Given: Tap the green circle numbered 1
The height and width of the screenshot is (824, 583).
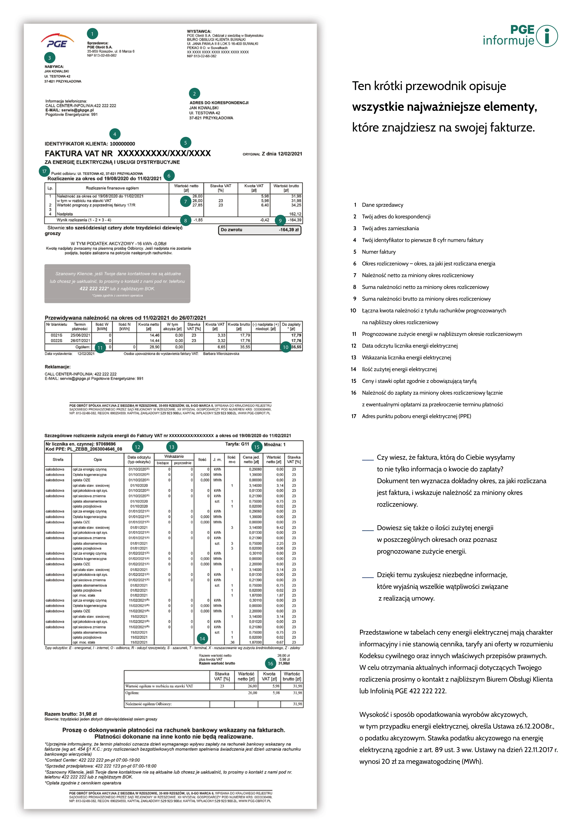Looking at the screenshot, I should (x=92, y=34).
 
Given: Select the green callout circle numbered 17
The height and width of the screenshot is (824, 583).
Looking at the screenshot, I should (x=44, y=171).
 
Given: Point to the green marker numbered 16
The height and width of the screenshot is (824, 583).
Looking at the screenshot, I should (x=270, y=664).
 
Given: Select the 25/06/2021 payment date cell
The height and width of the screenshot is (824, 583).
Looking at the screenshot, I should (x=80, y=335).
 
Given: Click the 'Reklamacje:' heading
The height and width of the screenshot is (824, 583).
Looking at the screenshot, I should (x=58, y=367).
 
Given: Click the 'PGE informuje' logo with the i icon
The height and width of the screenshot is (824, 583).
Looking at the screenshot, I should (x=520, y=36).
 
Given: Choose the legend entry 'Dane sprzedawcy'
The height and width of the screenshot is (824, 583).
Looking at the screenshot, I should (x=382, y=205).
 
